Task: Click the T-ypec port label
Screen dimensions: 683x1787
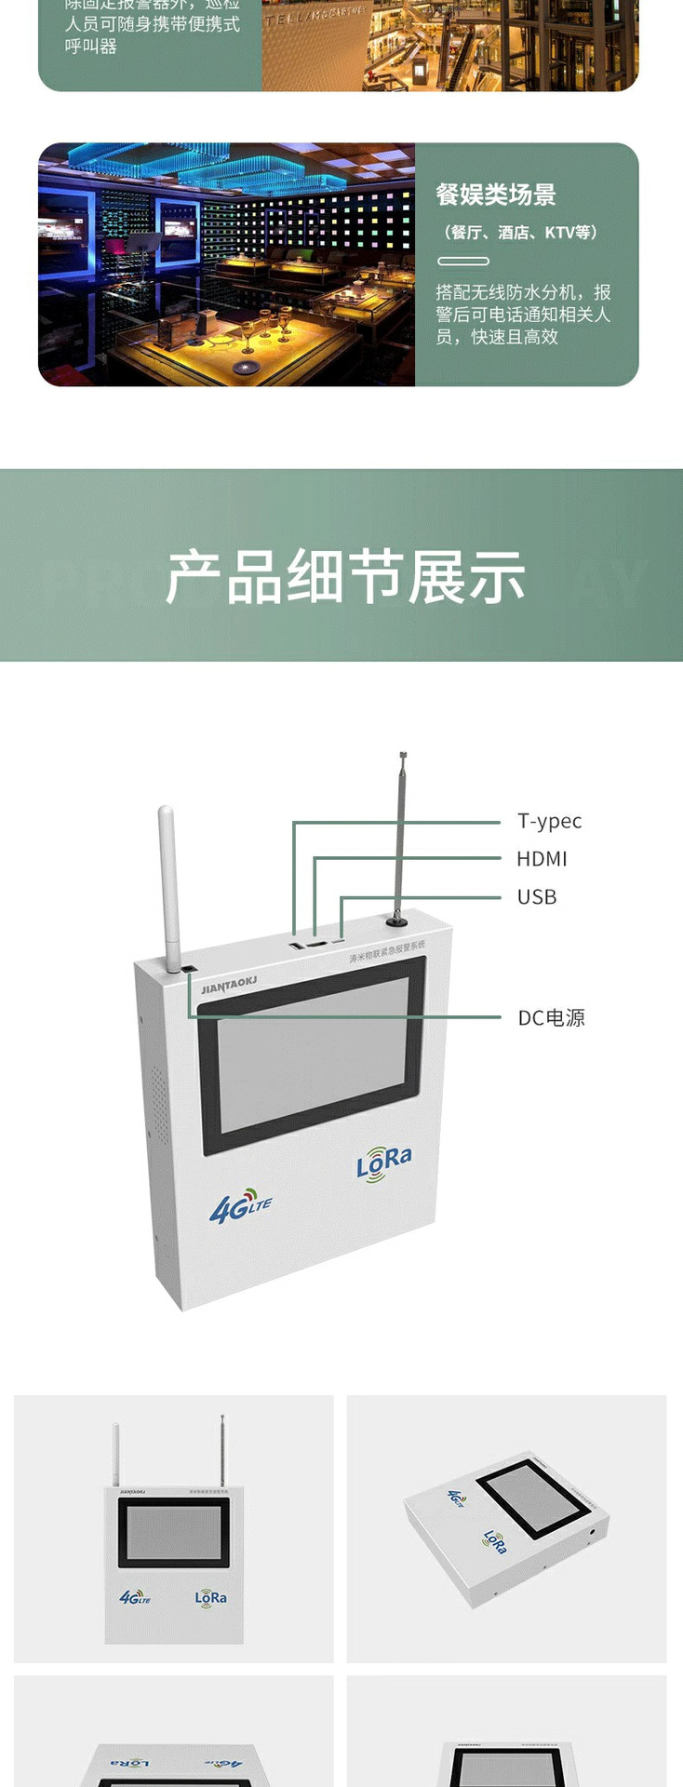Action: point(549,821)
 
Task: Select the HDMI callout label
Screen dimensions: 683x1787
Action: point(542,859)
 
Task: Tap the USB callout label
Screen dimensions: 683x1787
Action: point(537,897)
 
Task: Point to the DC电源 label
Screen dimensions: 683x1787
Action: point(551,1018)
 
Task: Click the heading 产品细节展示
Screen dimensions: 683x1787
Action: point(345,577)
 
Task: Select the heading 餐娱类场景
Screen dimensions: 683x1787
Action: point(496,195)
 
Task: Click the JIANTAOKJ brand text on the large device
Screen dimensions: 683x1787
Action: point(229,984)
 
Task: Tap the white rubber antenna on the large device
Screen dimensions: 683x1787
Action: point(168,884)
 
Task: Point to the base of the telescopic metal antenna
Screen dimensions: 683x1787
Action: point(398,920)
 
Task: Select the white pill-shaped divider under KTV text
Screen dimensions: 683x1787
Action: point(463,262)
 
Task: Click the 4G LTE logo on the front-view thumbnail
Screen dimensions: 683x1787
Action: point(135,1597)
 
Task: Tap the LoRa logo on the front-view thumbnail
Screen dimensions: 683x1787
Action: point(211,1597)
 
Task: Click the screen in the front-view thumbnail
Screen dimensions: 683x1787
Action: point(173,1534)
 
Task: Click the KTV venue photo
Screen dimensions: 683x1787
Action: point(226,264)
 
